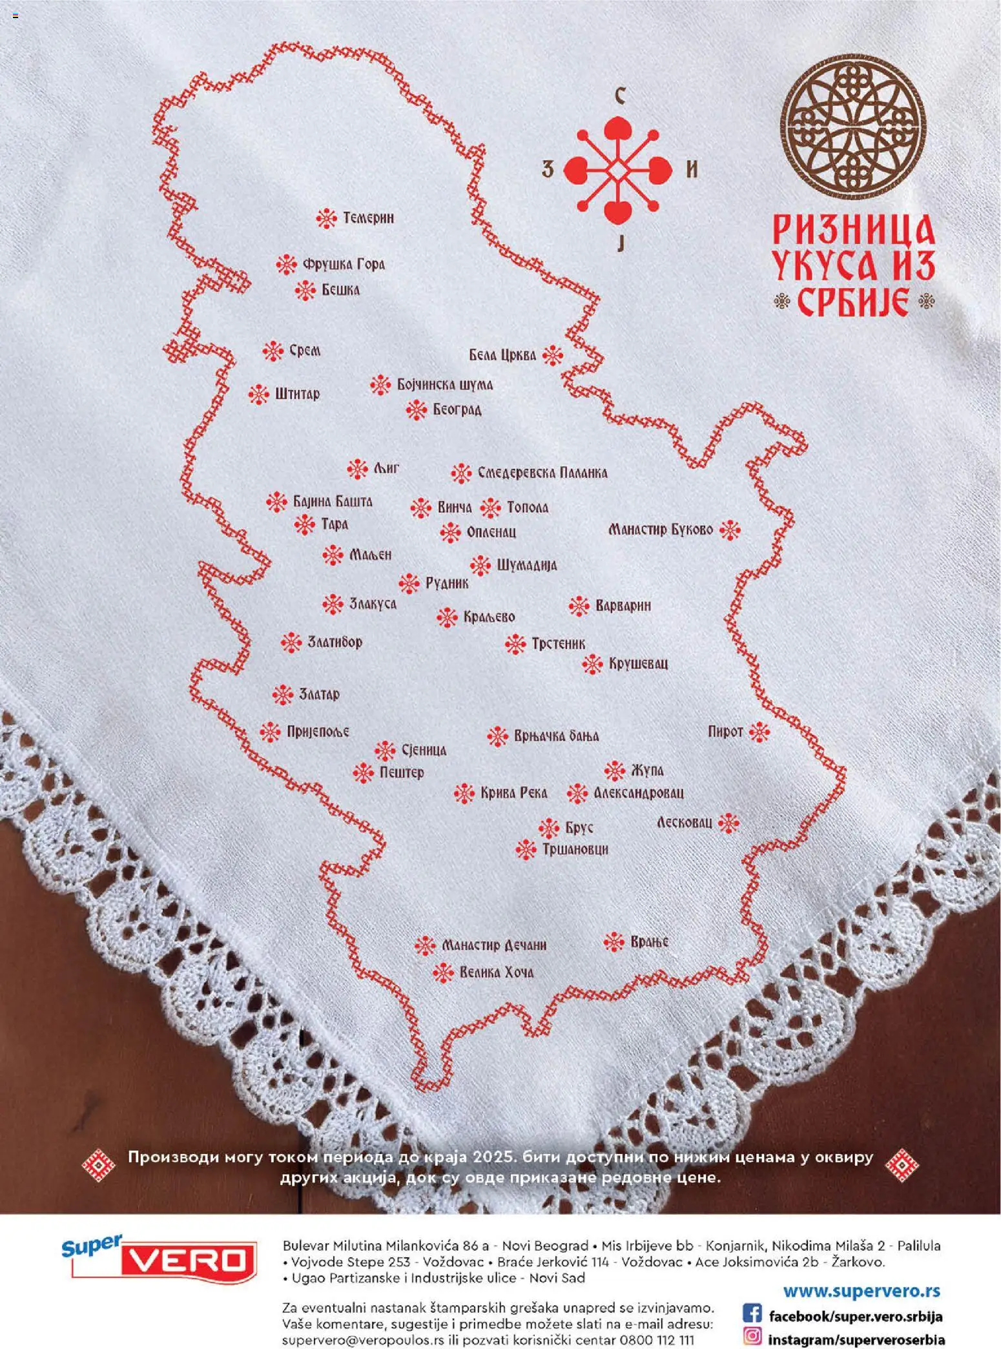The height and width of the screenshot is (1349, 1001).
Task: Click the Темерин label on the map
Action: pos(367,218)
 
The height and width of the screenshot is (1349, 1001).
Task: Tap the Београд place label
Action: pos(457,409)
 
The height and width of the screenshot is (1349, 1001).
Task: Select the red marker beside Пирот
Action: pos(759,732)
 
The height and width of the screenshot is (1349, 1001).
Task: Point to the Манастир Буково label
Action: pos(660,530)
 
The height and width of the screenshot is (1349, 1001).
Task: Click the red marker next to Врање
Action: pos(614,942)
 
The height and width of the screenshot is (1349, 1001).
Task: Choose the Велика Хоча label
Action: pos(496,973)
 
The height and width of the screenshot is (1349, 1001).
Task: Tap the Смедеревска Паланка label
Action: pos(542,473)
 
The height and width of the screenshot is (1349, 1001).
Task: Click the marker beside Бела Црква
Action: pos(553,355)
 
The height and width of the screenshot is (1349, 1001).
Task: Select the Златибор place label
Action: pos(335,643)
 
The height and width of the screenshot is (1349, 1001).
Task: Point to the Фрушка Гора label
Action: pos(344,264)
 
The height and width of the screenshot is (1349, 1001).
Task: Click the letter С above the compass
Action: pos(619,97)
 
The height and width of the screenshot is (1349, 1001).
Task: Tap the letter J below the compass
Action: pos(621,243)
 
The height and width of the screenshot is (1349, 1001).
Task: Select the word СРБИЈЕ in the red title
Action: pos(854,302)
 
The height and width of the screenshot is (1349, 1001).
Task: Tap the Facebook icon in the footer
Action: pos(752,1313)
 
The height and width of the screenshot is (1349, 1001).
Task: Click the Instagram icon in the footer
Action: pos(752,1335)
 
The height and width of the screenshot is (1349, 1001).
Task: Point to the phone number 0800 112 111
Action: pos(657,1340)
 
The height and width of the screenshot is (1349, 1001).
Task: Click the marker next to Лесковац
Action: pos(728,823)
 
